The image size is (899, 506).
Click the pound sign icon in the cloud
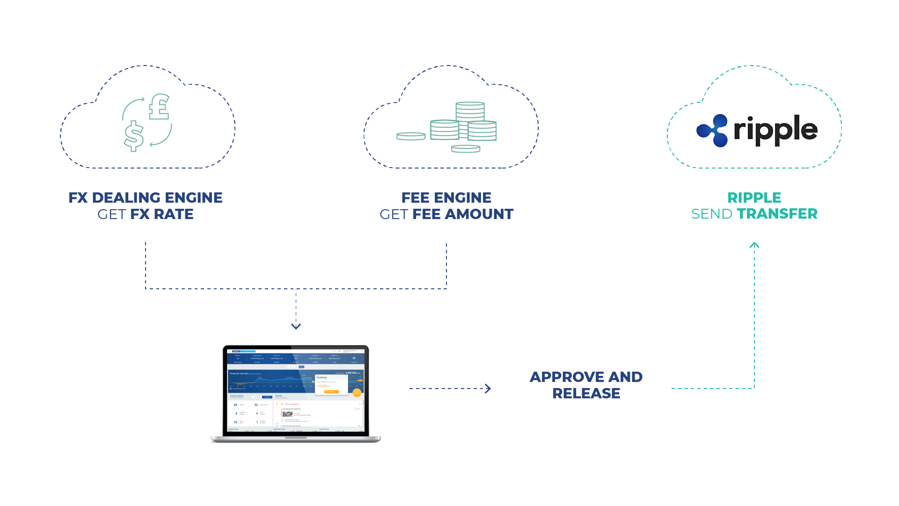tap(159, 107)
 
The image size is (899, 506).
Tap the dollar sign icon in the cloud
tap(134, 136)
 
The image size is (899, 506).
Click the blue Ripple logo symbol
tap(712, 130)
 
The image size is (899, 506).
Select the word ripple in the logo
tap(775, 130)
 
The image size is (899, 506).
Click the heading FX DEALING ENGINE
tap(146, 198)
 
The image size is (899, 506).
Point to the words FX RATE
tap(162, 214)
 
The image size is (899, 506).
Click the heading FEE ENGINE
tap(446, 198)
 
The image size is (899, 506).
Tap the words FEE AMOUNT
tap(463, 214)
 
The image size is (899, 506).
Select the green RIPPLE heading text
tap(754, 198)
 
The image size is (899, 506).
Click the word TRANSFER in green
tap(777, 214)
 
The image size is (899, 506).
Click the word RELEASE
tap(586, 393)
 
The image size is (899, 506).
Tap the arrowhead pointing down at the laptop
tap(296, 326)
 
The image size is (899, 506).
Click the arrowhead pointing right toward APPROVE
tap(488, 389)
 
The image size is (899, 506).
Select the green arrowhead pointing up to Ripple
tap(754, 245)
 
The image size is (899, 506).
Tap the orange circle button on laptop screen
tap(357, 393)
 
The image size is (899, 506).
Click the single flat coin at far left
tap(411, 136)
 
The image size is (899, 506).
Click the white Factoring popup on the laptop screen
tap(331, 384)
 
